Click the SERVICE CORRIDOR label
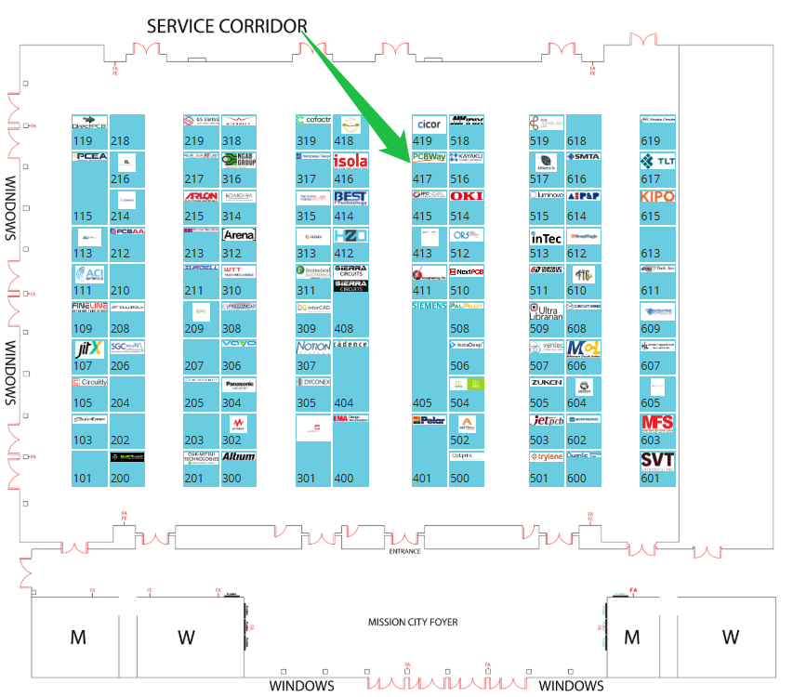click(226, 26)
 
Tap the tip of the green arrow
click(410, 164)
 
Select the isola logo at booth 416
click(350, 161)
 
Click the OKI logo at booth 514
click(466, 196)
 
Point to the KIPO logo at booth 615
click(657, 197)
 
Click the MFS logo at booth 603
click(657, 423)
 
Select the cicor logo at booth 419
click(429, 124)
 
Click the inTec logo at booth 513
click(546, 238)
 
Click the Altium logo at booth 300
click(239, 457)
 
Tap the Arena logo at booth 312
click(239, 235)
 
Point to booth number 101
click(83, 479)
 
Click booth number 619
click(650, 141)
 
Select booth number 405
click(423, 403)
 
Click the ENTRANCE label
click(404, 551)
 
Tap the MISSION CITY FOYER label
click(413, 623)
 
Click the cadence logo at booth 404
click(350, 344)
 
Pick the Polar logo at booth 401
click(429, 420)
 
